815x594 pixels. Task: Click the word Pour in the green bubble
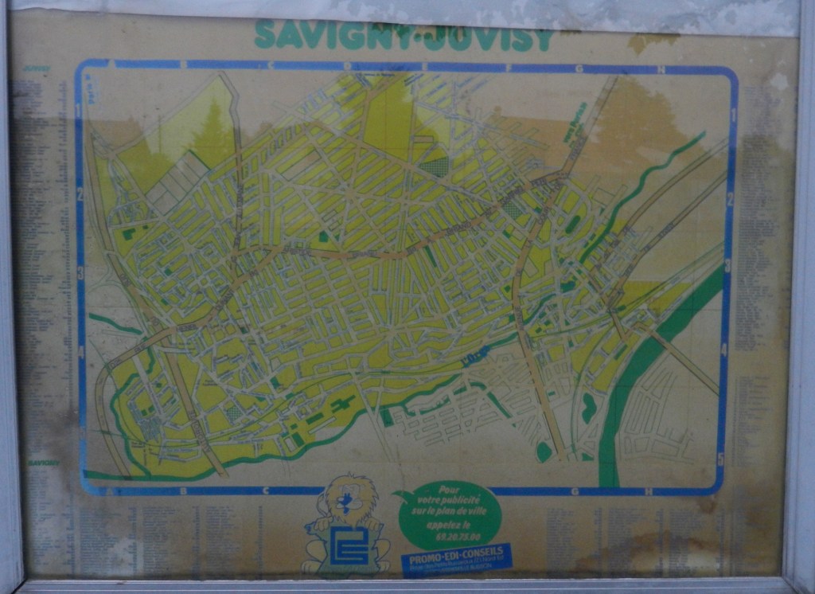click(450, 490)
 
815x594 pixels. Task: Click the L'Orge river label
click(475, 358)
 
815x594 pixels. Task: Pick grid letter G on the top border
click(579, 68)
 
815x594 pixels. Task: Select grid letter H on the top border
click(661, 68)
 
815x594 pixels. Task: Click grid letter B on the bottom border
click(183, 491)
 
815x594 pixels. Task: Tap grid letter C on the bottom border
click(265, 491)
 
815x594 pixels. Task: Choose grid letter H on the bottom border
click(649, 491)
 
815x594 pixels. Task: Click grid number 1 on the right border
click(733, 114)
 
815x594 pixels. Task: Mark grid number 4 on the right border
click(723, 348)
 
